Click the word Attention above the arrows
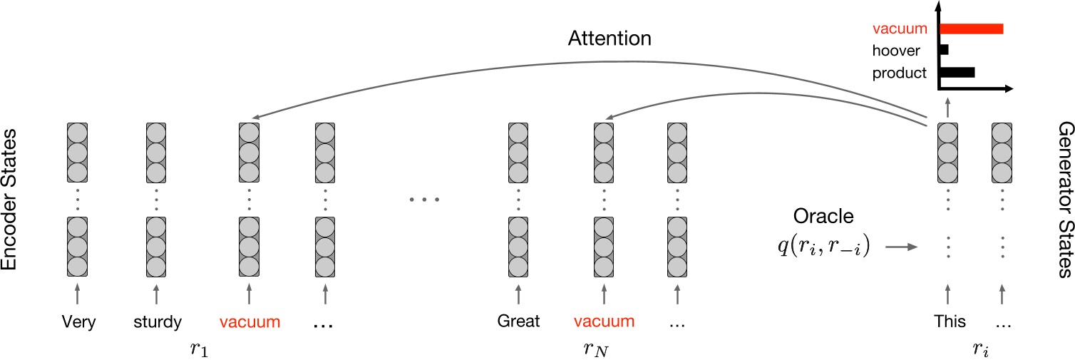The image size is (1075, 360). point(609,38)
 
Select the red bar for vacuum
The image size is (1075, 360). point(972,29)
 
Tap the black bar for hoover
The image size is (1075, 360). point(945,50)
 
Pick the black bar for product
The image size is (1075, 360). point(957,71)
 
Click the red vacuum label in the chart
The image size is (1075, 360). point(900,30)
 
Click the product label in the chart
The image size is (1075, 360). point(899,73)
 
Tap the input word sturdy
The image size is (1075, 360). point(157,322)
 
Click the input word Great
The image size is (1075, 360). point(518,322)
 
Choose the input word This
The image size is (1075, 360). point(950,322)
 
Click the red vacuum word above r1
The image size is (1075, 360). point(250,322)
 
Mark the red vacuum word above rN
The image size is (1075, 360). point(604,322)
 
